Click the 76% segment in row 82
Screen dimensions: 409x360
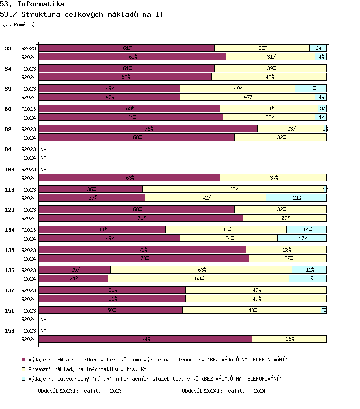(x=148, y=129)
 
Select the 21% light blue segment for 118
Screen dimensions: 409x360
(x=296, y=198)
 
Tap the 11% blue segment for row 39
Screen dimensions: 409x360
(x=311, y=88)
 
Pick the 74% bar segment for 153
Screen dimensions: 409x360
(x=145, y=339)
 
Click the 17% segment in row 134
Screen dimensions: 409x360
(x=302, y=238)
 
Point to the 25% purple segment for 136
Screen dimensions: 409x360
(x=75, y=270)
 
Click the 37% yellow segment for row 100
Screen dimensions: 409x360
(x=274, y=178)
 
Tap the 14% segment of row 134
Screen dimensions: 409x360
(x=306, y=229)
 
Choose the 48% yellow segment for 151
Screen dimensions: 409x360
(x=252, y=310)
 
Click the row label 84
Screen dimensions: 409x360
(x=8, y=149)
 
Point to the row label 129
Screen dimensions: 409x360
(x=10, y=210)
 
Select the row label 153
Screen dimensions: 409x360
(x=10, y=331)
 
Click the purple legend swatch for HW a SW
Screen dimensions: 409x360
(x=24, y=360)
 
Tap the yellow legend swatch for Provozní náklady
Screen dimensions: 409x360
(x=24, y=370)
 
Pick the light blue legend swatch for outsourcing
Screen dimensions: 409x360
(x=24, y=379)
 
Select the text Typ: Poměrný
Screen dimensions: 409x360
(x=17, y=24)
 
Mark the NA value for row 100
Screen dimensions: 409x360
(x=43, y=169)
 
